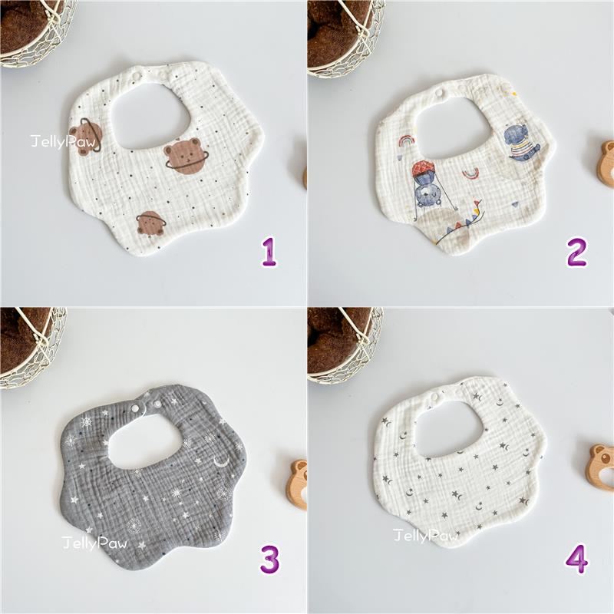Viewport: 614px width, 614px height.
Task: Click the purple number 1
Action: point(269,253)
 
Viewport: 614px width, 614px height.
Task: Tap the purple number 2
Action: point(576,253)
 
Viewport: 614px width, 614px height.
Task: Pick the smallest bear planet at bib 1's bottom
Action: point(150,224)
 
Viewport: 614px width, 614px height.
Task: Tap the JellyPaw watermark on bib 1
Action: point(64,142)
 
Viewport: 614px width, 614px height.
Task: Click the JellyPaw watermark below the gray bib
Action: point(94,543)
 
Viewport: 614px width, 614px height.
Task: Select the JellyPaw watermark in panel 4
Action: point(426,535)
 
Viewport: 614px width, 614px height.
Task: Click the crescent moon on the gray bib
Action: point(221,462)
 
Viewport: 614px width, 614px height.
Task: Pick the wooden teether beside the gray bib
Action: point(299,485)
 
